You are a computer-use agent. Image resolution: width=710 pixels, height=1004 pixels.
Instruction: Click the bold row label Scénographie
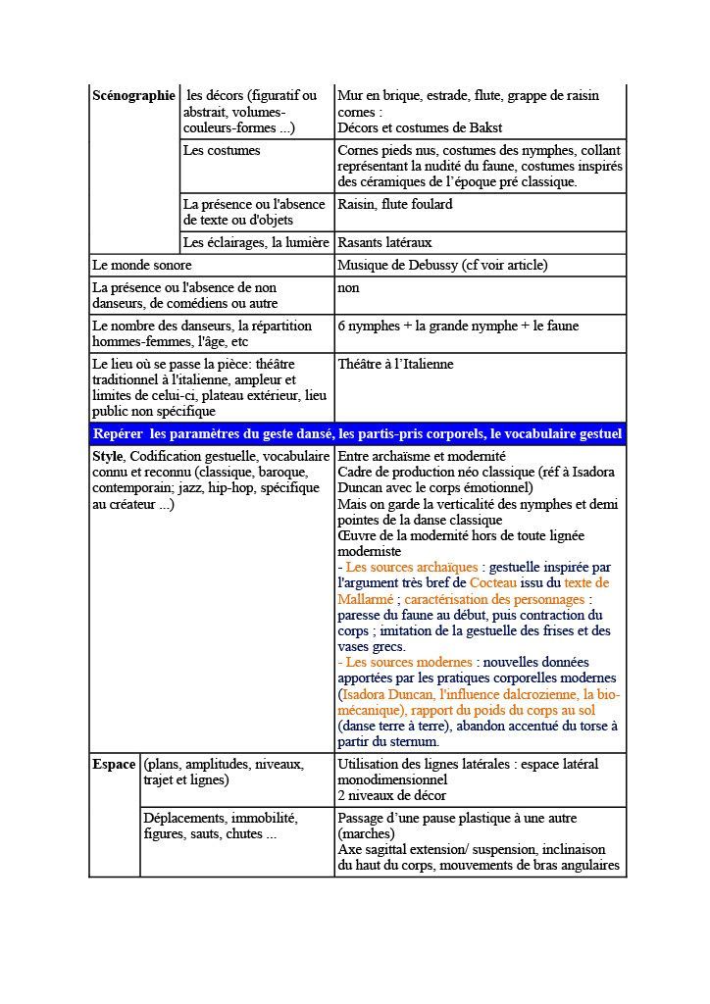(133, 96)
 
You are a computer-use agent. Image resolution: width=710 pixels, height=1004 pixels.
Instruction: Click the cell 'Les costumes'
(223, 151)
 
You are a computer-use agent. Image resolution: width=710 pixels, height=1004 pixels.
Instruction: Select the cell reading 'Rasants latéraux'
(384, 242)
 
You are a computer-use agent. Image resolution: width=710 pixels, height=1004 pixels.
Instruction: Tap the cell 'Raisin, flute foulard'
(394, 205)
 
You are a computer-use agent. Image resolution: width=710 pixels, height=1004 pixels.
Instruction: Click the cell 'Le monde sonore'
(142, 266)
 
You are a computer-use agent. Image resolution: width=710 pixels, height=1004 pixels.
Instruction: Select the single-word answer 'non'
(348, 288)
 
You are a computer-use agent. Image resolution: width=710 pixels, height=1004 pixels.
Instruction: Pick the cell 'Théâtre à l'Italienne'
(395, 364)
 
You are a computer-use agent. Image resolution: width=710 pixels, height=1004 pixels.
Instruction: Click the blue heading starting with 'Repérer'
(357, 434)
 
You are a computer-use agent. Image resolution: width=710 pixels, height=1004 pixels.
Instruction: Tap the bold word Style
(107, 457)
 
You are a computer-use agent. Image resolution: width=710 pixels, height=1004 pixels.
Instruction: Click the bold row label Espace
(114, 764)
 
